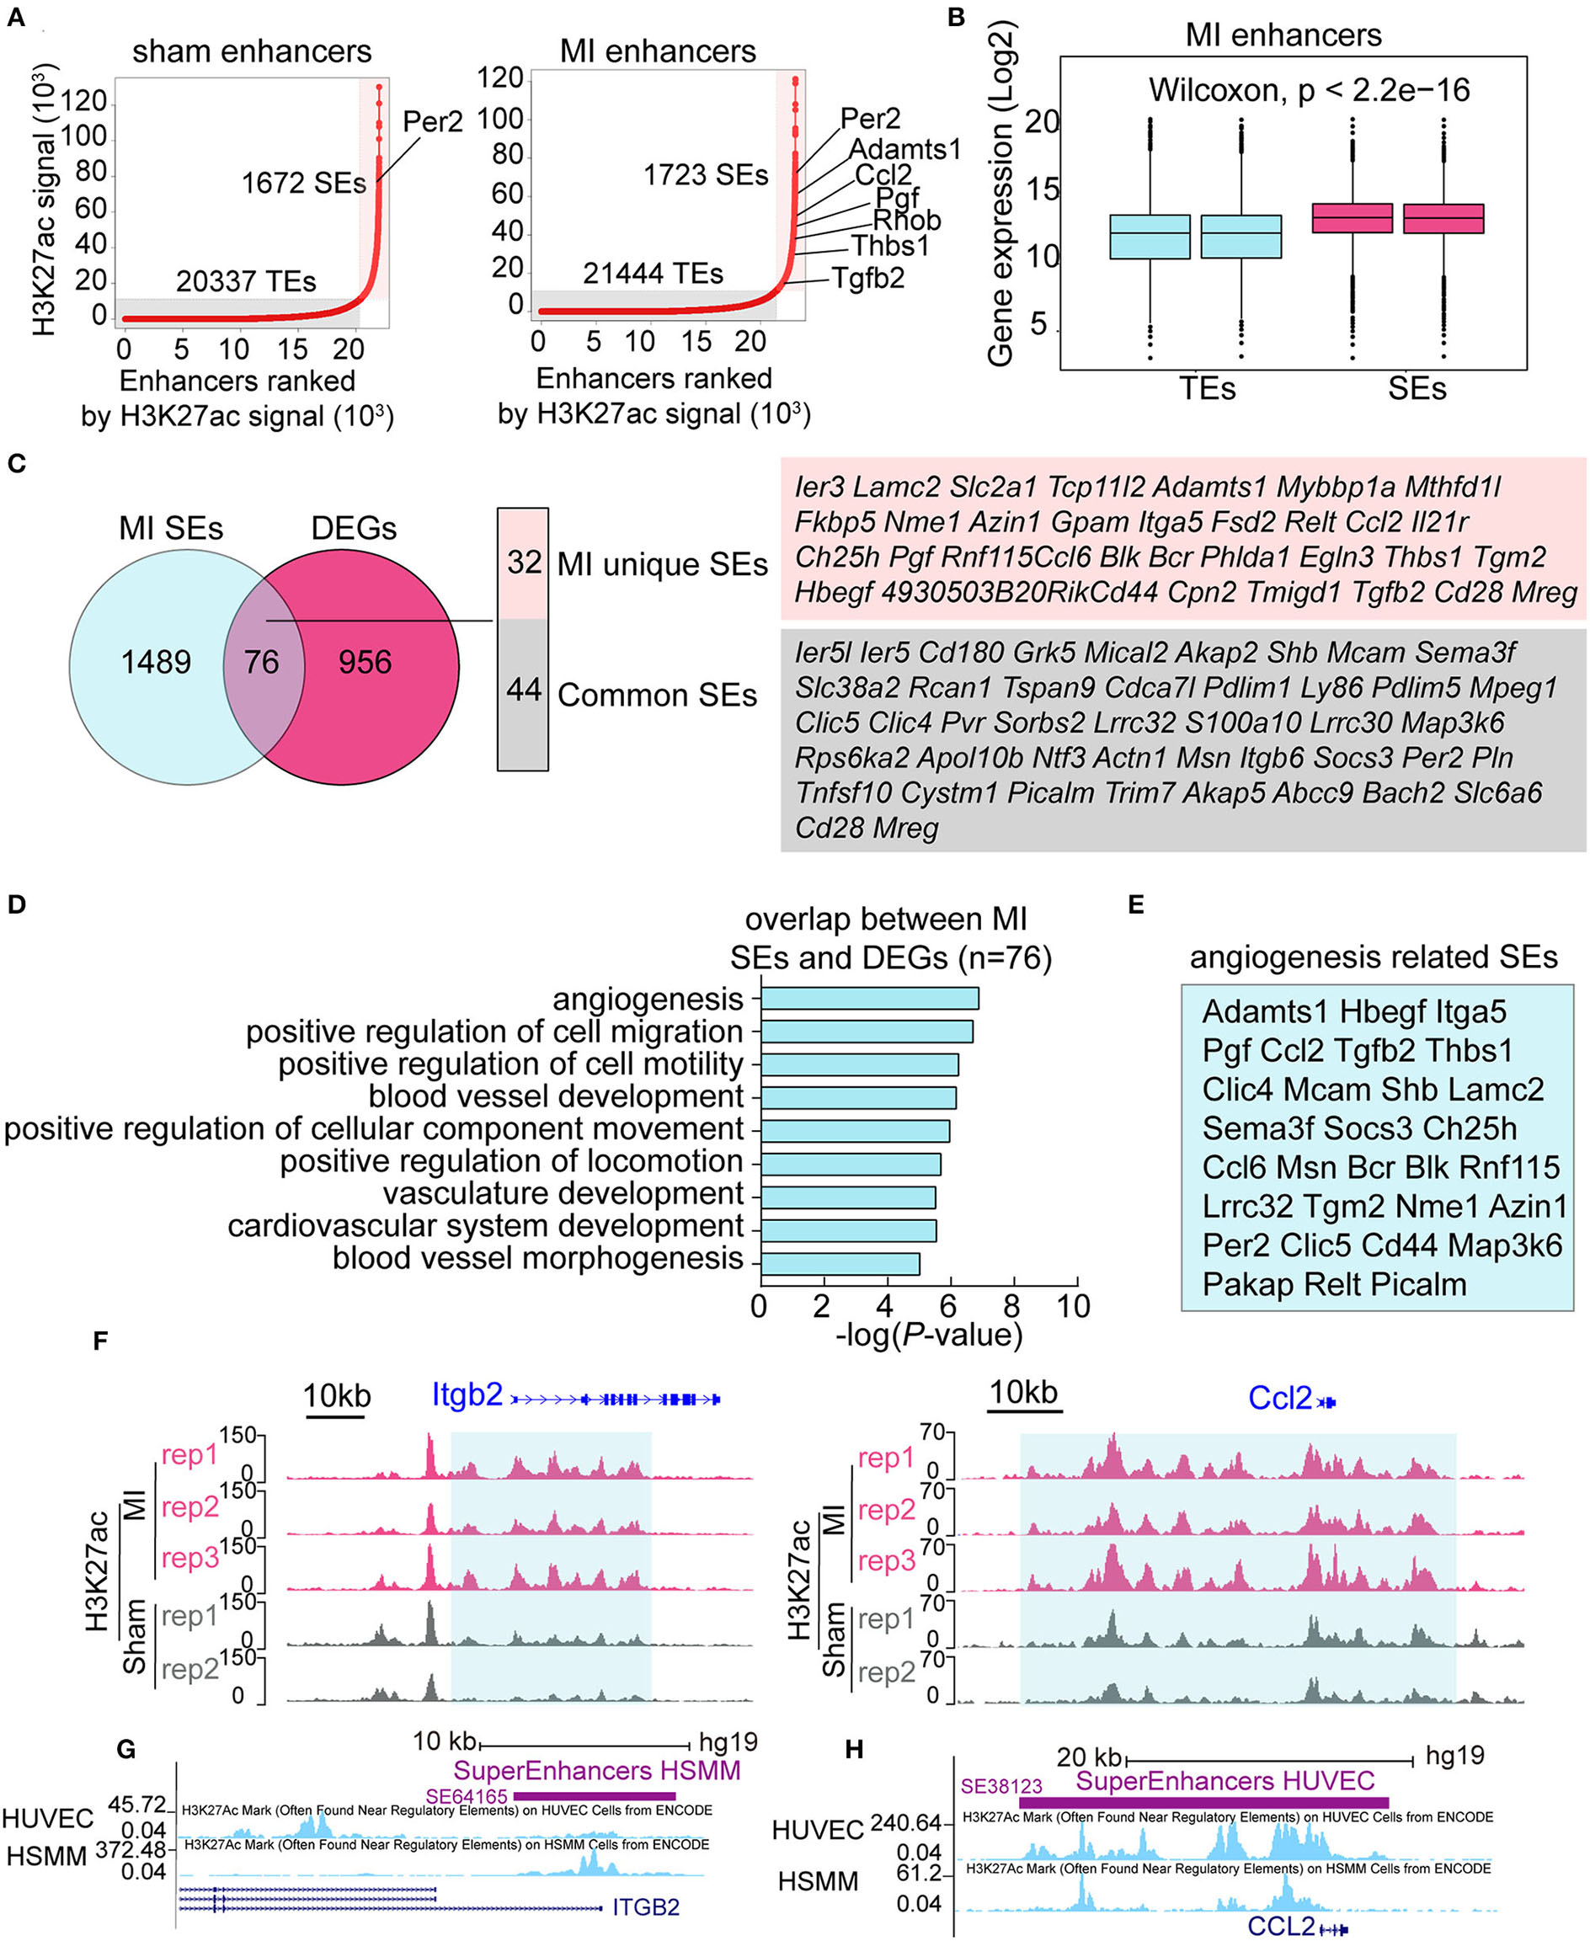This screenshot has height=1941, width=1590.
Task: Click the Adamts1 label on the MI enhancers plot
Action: (x=904, y=148)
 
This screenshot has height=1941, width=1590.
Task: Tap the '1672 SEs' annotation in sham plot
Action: (x=303, y=183)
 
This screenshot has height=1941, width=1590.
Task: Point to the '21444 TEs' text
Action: (x=652, y=273)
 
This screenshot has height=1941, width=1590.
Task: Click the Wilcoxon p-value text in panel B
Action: (x=1309, y=90)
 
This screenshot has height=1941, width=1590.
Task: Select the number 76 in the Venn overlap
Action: (x=261, y=662)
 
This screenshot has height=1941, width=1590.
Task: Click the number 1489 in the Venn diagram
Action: (x=156, y=662)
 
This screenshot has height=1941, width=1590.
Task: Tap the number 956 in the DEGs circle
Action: (x=365, y=662)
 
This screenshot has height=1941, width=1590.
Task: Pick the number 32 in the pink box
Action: (x=524, y=563)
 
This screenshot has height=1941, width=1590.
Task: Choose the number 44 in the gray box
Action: (x=524, y=690)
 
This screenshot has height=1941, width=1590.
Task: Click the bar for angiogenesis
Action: (x=869, y=999)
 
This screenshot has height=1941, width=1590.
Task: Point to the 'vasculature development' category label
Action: (x=563, y=1194)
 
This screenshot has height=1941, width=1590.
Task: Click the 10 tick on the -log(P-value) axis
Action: (x=1074, y=1307)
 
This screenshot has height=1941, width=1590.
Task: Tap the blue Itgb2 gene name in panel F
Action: (x=467, y=1394)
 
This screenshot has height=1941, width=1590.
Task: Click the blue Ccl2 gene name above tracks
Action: (x=1279, y=1398)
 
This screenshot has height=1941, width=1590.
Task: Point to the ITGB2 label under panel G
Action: (x=646, y=1907)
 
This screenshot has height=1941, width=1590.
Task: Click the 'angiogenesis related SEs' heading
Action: (x=1373, y=957)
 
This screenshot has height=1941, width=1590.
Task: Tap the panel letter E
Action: (x=1136, y=904)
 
